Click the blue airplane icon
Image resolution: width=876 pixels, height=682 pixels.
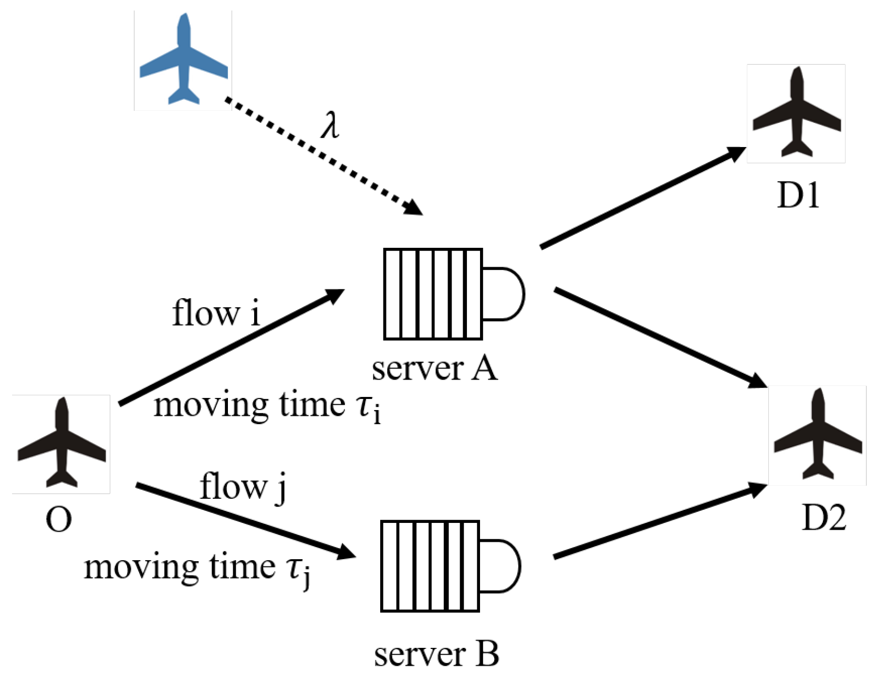183,60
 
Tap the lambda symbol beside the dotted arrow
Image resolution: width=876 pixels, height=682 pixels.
330,126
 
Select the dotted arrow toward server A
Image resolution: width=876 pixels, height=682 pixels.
323,155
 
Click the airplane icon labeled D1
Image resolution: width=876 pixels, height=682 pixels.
796,113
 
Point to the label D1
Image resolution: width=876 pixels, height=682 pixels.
798,195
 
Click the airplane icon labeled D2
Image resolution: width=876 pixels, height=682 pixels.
818,435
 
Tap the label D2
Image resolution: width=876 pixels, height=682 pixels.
823,518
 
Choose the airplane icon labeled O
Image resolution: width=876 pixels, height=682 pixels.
61,444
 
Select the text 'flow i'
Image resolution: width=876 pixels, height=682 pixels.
216,313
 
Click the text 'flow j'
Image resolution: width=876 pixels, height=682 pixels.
243,487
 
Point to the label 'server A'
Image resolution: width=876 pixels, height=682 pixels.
434,369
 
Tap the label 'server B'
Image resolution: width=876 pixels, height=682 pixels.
436,654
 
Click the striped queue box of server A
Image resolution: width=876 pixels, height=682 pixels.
433,294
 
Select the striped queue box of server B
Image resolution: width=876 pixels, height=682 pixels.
430,566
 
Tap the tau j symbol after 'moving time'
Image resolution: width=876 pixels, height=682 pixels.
298,571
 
